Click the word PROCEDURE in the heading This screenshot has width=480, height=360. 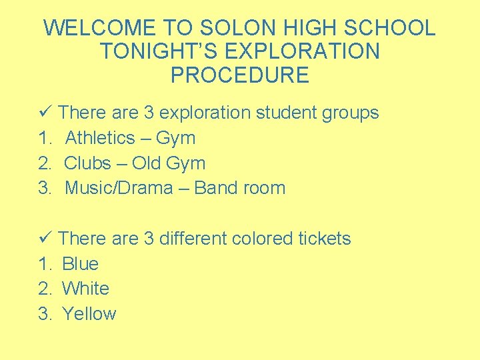coord(240,75)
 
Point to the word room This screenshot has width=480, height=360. coord(264,188)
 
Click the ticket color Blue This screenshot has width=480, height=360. coord(80,264)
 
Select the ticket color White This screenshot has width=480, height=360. coord(85,289)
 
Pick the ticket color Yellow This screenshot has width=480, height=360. coord(89,314)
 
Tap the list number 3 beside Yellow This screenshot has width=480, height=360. coord(44,314)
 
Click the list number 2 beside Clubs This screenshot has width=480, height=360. coord(44,163)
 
